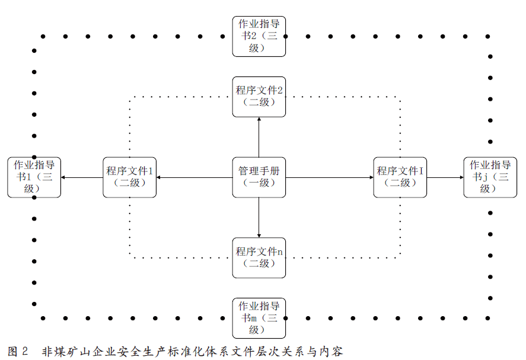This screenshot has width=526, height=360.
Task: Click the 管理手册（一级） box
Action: (x=259, y=177)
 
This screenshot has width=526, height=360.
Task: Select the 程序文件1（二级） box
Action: (x=129, y=177)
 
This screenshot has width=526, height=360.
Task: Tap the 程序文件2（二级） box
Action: (x=259, y=96)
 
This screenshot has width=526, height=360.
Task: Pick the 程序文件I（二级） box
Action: (x=400, y=177)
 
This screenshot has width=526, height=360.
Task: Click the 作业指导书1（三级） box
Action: (x=34, y=177)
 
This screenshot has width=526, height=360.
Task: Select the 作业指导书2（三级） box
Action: (x=259, y=36)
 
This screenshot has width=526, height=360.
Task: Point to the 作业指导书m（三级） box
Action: (x=259, y=318)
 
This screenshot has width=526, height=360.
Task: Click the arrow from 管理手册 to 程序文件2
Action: (x=259, y=136)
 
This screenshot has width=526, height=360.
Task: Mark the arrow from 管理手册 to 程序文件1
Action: (x=194, y=177)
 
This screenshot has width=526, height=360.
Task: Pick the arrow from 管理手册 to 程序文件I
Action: (x=329, y=177)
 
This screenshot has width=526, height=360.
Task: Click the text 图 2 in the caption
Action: (x=18, y=351)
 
